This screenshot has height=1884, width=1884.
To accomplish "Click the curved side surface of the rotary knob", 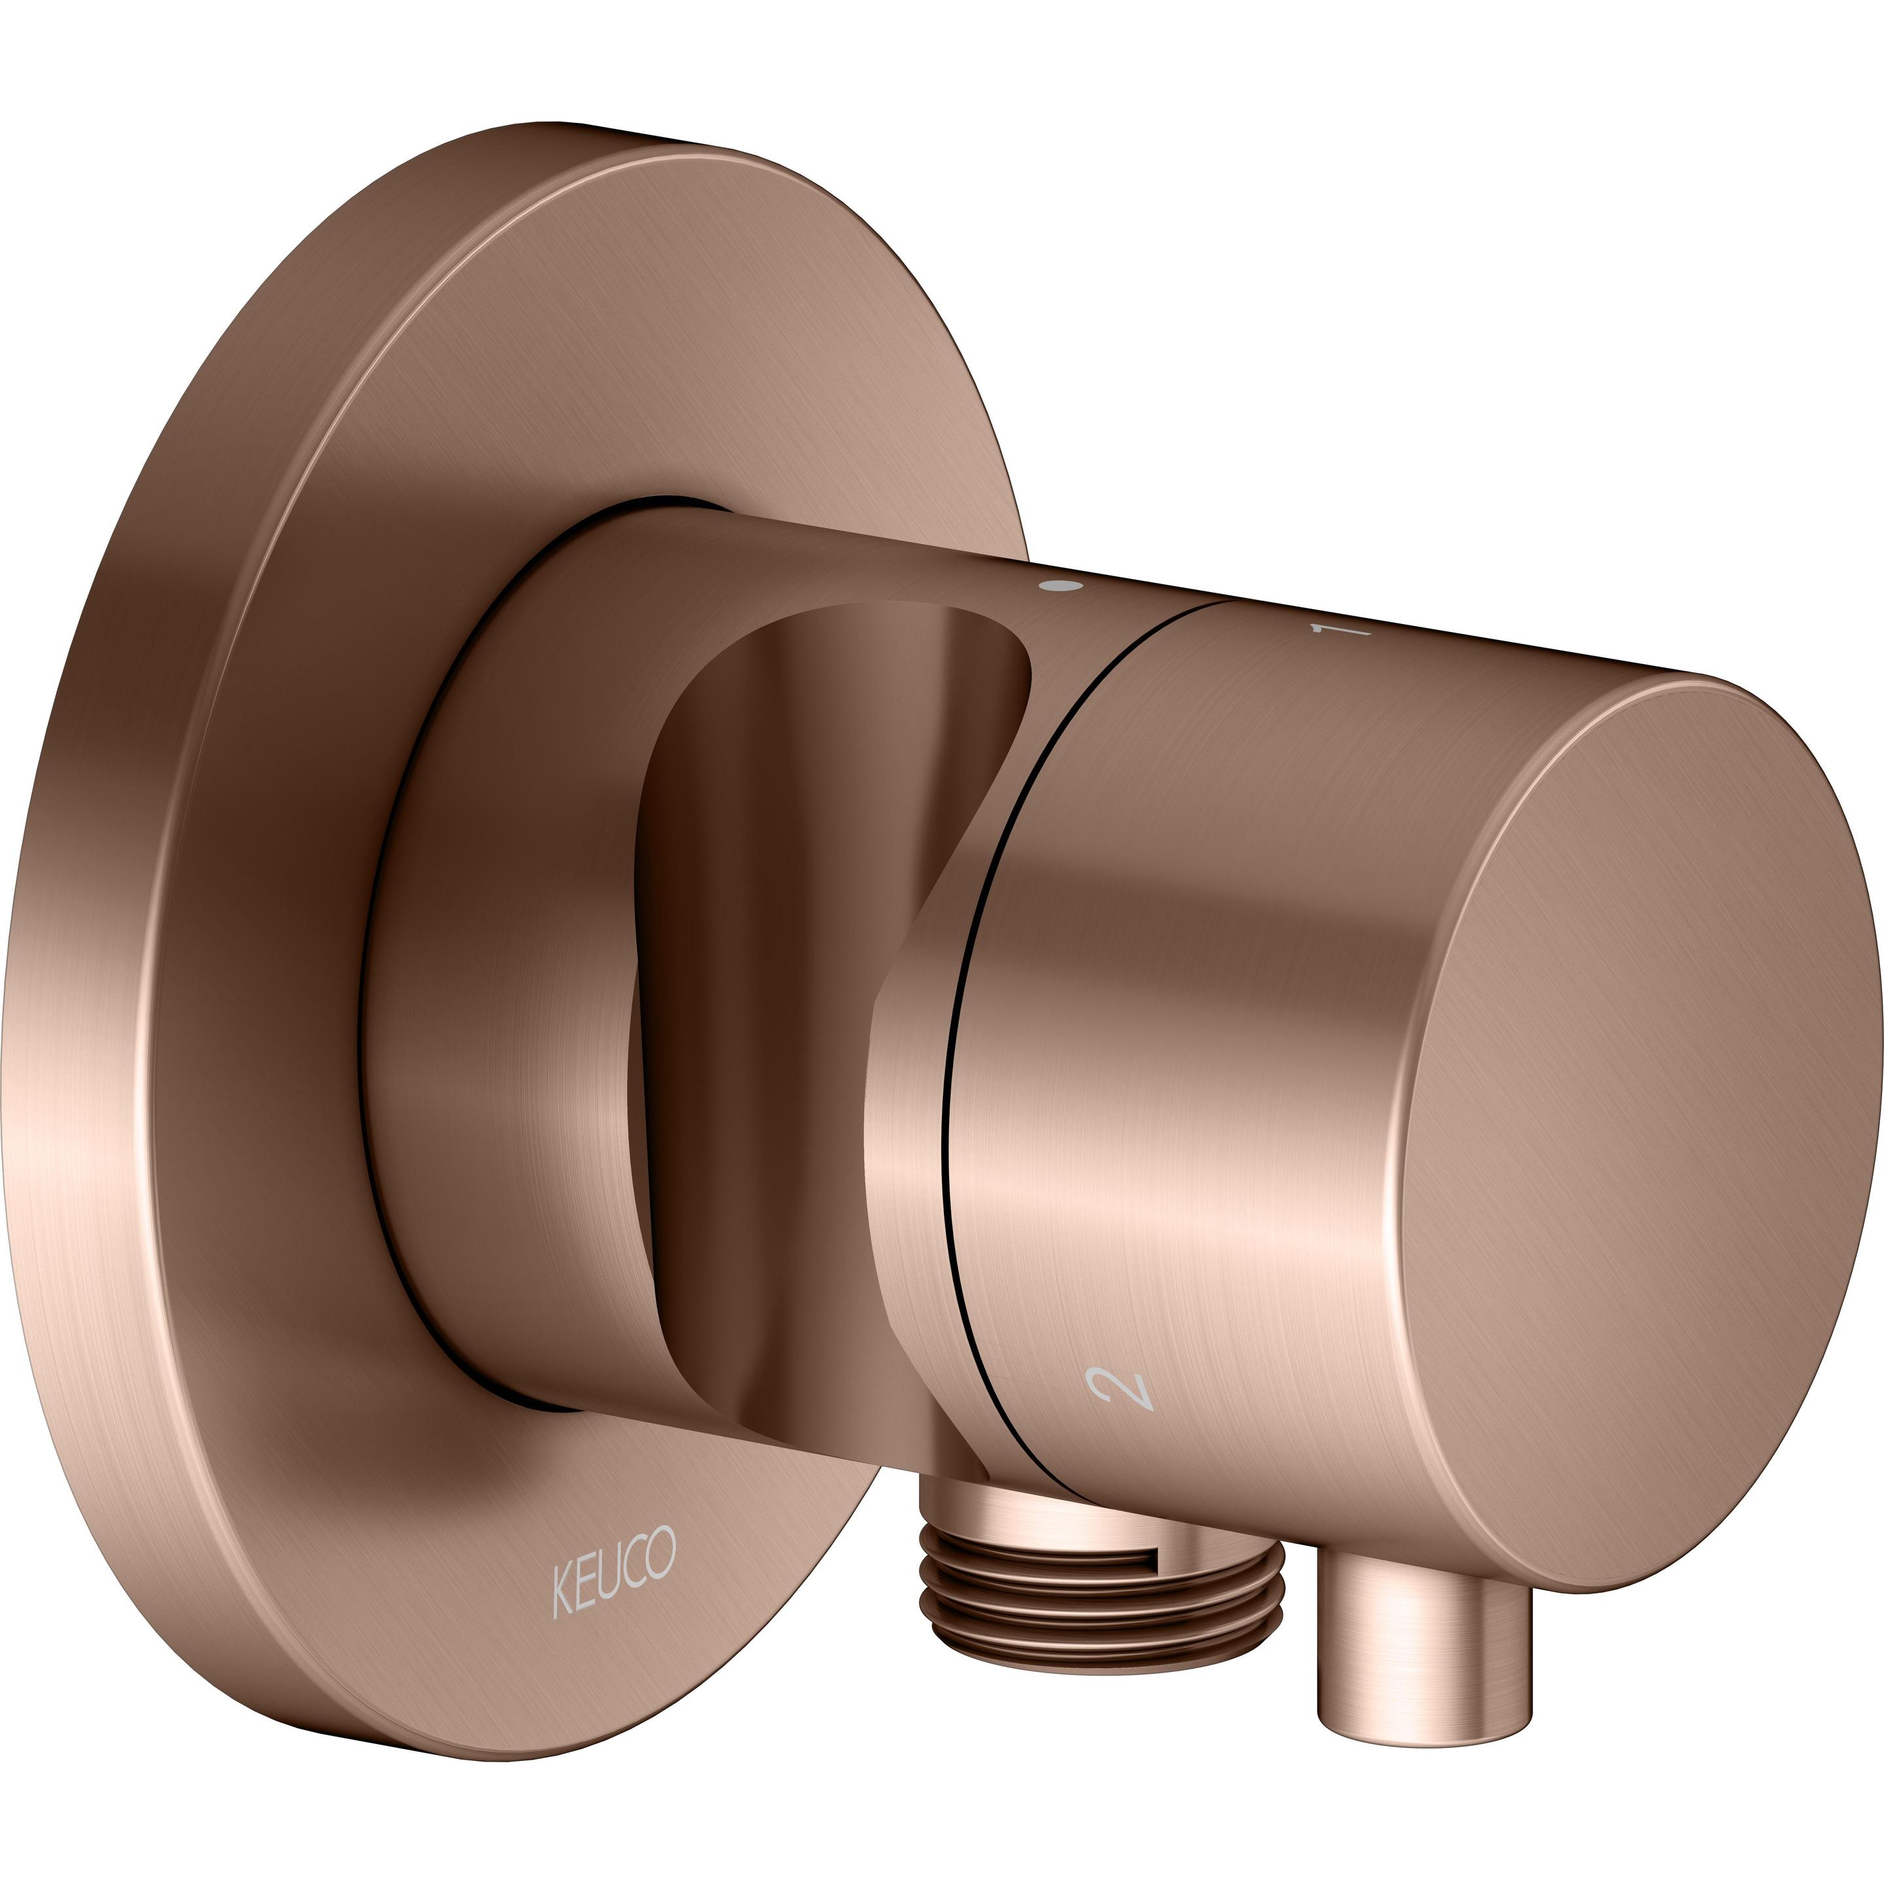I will click(1219, 1024).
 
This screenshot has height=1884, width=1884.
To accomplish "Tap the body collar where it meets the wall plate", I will click(439, 975).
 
